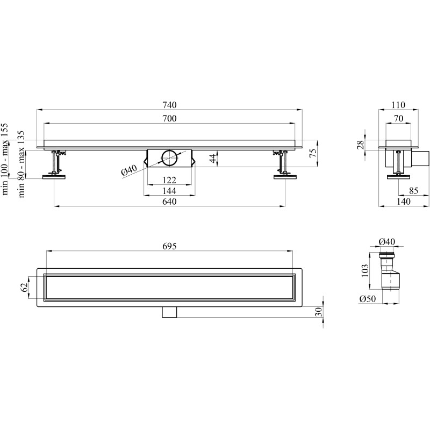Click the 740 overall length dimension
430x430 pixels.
(169, 105)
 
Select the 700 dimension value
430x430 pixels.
(169, 119)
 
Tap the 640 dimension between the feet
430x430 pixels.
(169, 202)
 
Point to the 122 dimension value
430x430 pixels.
(169, 180)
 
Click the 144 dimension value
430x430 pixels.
(169, 191)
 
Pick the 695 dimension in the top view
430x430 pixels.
(169, 246)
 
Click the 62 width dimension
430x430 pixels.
(24, 288)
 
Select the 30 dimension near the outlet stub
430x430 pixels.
(318, 312)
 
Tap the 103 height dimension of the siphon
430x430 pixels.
(365, 271)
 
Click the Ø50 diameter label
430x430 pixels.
(368, 299)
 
